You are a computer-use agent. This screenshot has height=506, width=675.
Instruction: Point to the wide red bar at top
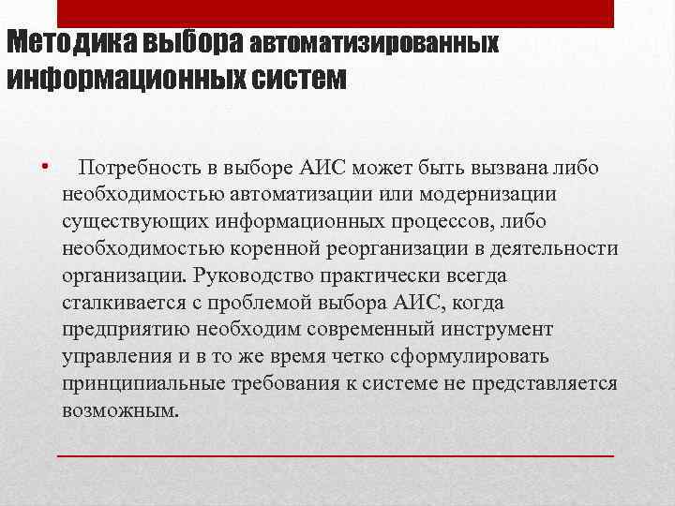336,13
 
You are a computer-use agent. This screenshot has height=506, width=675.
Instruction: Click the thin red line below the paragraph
336,454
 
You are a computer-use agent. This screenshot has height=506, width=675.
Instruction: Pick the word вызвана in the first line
496,169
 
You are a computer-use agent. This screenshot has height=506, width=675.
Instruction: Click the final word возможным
119,412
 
